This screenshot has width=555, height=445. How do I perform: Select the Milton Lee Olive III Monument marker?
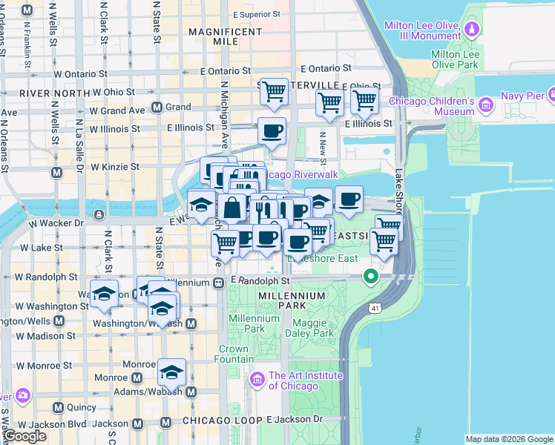473,30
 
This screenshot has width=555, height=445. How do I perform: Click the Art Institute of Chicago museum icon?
258,380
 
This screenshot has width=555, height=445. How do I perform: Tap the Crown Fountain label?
234,354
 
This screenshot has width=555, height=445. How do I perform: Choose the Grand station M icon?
157,107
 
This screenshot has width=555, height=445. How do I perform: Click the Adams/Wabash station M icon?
191,392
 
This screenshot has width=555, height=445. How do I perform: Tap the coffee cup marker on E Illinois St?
271,131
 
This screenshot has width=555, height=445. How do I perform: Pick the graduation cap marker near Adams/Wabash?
171,372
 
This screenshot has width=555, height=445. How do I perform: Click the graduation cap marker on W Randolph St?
104,293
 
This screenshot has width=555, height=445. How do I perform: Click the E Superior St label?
256,14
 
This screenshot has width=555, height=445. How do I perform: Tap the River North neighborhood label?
45,93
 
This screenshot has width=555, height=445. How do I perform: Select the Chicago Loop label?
219,421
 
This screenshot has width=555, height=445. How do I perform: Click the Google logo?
24,437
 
